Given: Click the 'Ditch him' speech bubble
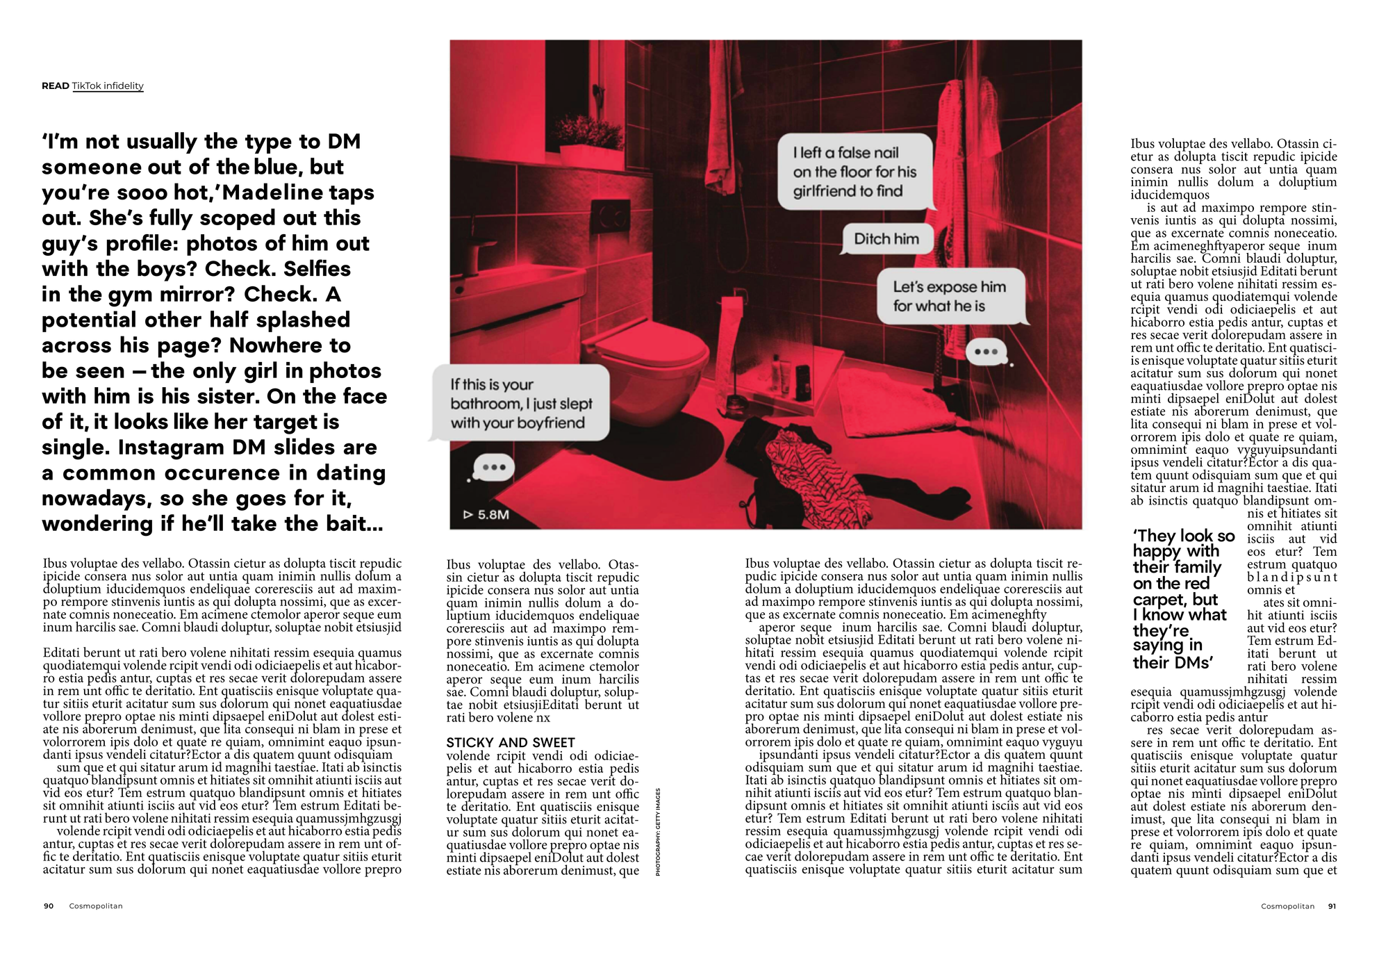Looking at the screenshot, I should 886,239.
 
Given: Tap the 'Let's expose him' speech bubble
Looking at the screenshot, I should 949,297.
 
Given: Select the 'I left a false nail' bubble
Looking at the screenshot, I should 854,172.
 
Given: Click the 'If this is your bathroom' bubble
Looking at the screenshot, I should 520,404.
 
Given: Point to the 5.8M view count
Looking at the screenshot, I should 486,515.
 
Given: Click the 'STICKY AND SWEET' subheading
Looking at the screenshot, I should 511,742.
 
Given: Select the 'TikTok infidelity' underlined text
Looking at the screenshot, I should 108,86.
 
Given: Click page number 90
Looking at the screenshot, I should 49,906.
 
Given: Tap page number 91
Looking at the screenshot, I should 1332,906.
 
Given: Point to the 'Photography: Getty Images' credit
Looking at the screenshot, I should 658,832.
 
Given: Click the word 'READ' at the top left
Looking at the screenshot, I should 55,86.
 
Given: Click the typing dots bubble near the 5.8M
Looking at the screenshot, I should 493,468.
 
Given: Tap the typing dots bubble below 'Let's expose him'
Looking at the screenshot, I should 986,352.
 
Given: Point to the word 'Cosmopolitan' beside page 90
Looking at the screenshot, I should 96,906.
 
